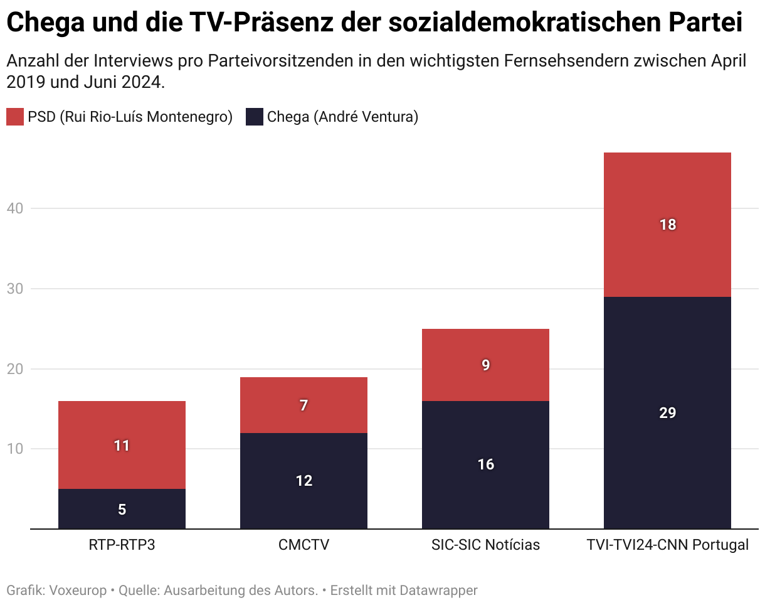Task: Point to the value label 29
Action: (668, 413)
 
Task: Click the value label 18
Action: (668, 225)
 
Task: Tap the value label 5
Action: (122, 510)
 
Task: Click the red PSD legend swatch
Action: (15, 117)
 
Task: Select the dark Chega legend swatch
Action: (254, 117)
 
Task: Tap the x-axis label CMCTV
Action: (303, 545)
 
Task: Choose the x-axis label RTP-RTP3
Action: (122, 545)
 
